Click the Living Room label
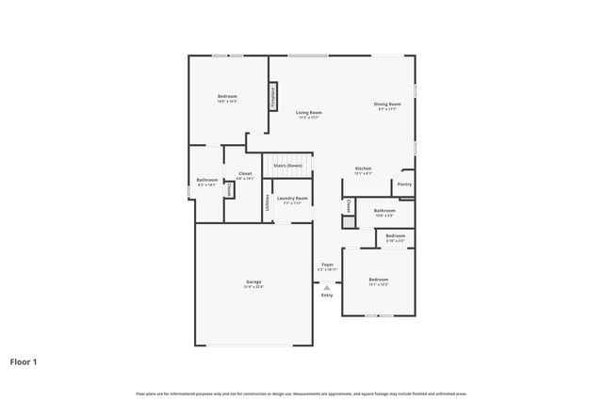[309, 112]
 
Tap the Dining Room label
[388, 104]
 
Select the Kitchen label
[363, 169]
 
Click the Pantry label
[404, 185]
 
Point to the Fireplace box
[273, 96]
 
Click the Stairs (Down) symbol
[287, 165]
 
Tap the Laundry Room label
[292, 198]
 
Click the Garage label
[253, 281]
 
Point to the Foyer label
[327, 265]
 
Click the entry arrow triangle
[327, 287]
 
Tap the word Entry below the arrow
[327, 296]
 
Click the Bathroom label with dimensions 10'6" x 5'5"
[383, 211]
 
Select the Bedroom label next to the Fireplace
[227, 96]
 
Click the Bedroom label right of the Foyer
[378, 280]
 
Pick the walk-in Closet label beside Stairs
[244, 173]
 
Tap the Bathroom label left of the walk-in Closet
[206, 180]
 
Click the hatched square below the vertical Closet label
[348, 222]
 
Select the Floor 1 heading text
[24, 362]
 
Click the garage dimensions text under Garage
[253, 287]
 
